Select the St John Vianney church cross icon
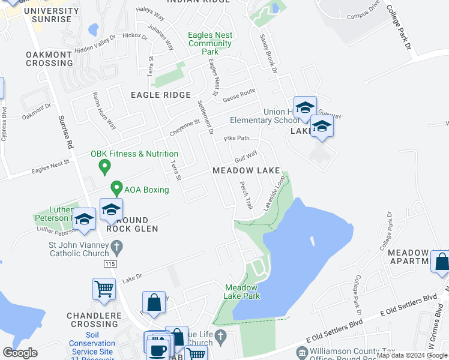(118, 245)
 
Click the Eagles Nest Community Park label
(209, 43)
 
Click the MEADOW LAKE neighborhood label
(246, 170)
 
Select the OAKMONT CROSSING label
(49, 59)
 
